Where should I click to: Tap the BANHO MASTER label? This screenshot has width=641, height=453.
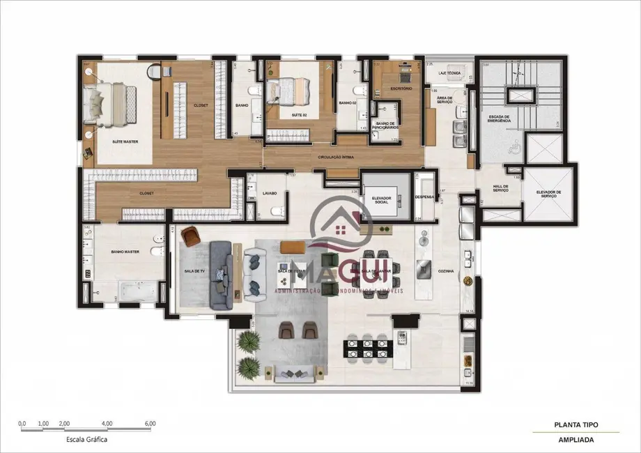tap(126, 253)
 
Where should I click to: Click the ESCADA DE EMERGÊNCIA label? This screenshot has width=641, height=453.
tap(500, 119)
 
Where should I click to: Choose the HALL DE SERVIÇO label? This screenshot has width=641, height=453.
tap(499, 189)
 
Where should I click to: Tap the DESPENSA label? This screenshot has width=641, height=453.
tap(424, 197)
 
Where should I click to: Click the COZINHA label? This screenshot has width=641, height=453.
tap(446, 271)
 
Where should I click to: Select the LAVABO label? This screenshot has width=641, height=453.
tap(270, 193)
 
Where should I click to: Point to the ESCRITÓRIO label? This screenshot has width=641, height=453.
tap(401, 89)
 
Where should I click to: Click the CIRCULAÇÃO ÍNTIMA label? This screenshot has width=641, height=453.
tap(336, 158)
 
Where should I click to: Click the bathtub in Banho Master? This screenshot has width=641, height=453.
tap(136, 291)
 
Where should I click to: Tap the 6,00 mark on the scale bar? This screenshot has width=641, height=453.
tap(150, 424)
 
